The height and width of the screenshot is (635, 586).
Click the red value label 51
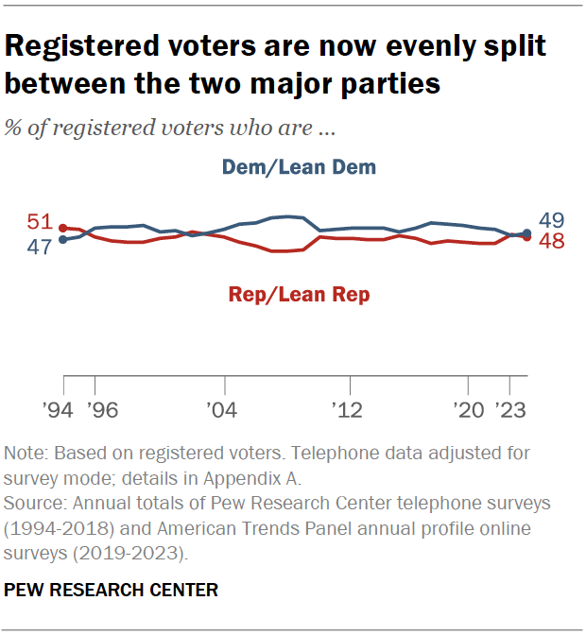(x=38, y=223)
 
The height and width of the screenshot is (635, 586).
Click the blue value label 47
(x=38, y=249)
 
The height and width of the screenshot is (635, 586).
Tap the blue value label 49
(x=551, y=220)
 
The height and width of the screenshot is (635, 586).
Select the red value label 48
(x=551, y=242)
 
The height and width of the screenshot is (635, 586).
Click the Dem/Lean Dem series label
(x=299, y=167)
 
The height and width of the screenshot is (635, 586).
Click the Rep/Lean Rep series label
(x=299, y=295)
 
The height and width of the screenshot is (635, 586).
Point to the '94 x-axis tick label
(x=63, y=411)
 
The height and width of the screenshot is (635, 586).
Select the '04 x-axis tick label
(x=222, y=411)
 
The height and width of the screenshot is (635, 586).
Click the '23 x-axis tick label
(x=512, y=411)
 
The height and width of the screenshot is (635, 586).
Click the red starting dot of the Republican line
(x=63, y=228)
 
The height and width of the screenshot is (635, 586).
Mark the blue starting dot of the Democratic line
(x=63, y=240)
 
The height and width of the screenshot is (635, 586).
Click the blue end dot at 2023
(x=526, y=232)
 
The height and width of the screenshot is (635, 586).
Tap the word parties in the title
(x=387, y=83)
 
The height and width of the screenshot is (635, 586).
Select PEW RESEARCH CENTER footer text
(x=112, y=591)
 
